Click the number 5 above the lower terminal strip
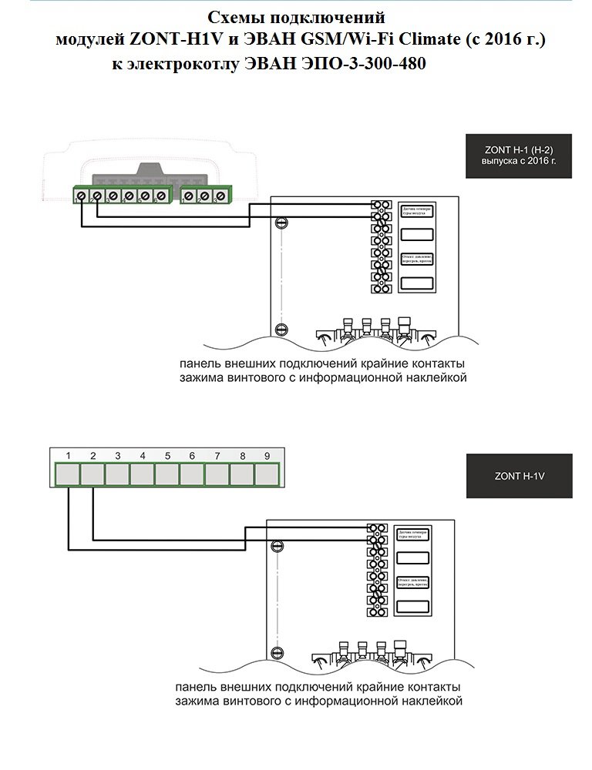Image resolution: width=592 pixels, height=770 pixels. (167, 456)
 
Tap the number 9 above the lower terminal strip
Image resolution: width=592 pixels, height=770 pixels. (267, 456)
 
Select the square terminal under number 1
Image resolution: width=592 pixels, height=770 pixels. (68, 474)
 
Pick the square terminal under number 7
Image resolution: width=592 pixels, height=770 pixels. (217, 474)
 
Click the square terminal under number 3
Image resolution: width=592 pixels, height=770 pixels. (117, 474)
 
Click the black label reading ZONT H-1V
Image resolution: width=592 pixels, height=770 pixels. (519, 476)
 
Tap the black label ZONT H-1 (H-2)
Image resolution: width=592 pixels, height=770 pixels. (519, 157)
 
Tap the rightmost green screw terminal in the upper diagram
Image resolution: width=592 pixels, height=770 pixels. (221, 196)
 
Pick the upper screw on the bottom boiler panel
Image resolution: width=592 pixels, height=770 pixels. (278, 544)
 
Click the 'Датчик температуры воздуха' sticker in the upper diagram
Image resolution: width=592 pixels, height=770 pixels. (415, 211)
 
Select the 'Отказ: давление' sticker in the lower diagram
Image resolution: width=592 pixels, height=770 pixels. (412, 581)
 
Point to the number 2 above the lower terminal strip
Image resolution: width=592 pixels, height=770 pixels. (92, 456)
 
